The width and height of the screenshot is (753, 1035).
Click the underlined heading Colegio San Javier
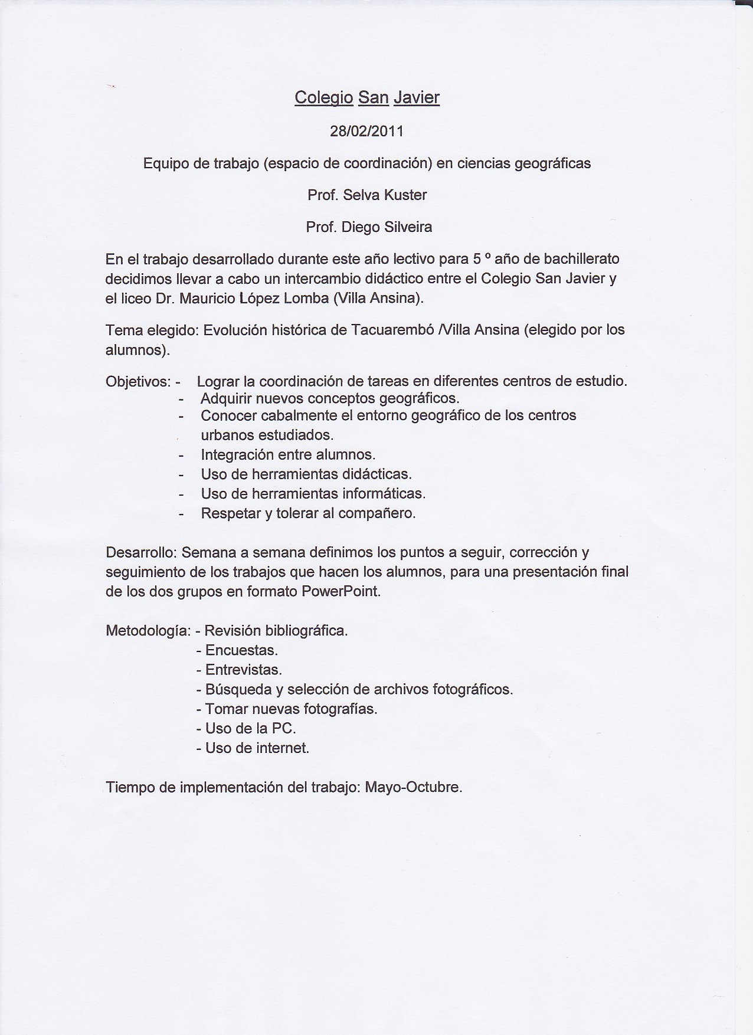[x=366, y=97]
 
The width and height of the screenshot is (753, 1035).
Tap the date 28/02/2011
[x=366, y=131]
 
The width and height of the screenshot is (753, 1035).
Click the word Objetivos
[x=138, y=382]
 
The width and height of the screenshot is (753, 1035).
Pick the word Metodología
[x=148, y=631]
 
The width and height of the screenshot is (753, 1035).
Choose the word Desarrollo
[x=140, y=553]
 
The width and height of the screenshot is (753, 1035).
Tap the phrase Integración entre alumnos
[x=288, y=455]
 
